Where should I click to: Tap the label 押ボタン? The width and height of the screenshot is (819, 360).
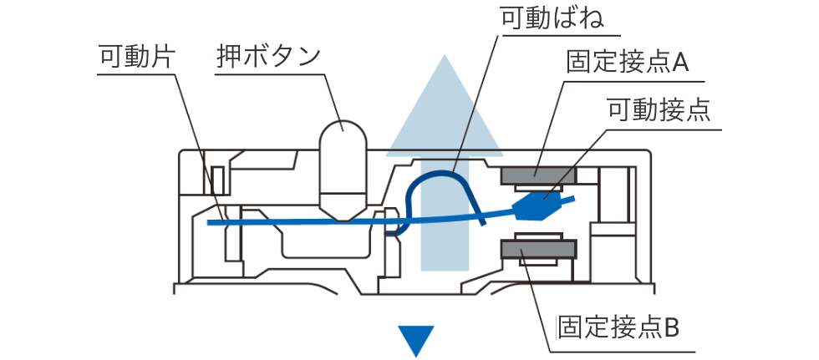(x=268, y=57)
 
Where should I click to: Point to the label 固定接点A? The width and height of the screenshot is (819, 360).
(x=627, y=63)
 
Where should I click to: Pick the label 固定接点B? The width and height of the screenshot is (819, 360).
(x=619, y=324)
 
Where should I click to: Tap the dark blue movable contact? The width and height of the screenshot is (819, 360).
(x=540, y=203)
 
